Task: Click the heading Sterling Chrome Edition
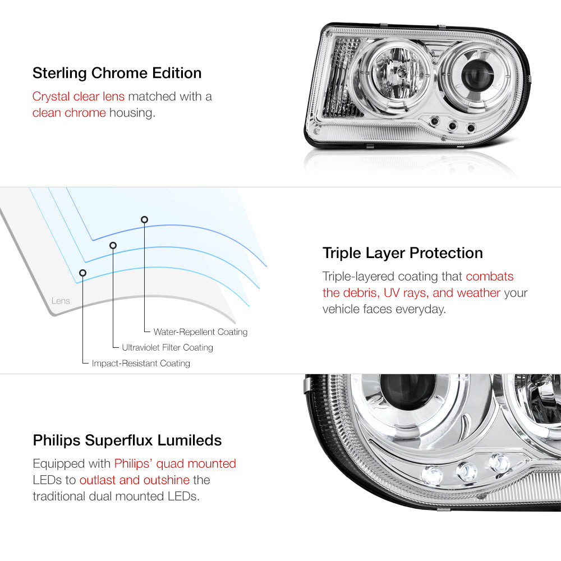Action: pos(117,73)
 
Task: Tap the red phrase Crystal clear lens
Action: pos(79,96)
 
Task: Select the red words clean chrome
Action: pos(69,113)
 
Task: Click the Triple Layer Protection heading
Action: pos(402,254)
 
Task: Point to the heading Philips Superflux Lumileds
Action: pos(127,440)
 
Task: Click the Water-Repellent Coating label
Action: pos(200,332)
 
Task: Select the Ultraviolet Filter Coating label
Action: pos(167,347)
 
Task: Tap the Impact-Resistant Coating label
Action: pos(141,363)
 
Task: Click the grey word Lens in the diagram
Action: pos(61,301)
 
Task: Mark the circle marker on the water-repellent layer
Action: pos(144,219)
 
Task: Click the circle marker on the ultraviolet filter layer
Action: pos(113,246)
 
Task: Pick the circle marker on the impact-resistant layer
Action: pos(82,273)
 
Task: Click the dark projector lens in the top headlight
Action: pos(476,76)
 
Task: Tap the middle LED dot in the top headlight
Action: pos(452,125)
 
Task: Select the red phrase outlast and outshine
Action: pos(135,480)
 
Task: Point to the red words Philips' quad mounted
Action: pos(175,464)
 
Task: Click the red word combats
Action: pos(489,276)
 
